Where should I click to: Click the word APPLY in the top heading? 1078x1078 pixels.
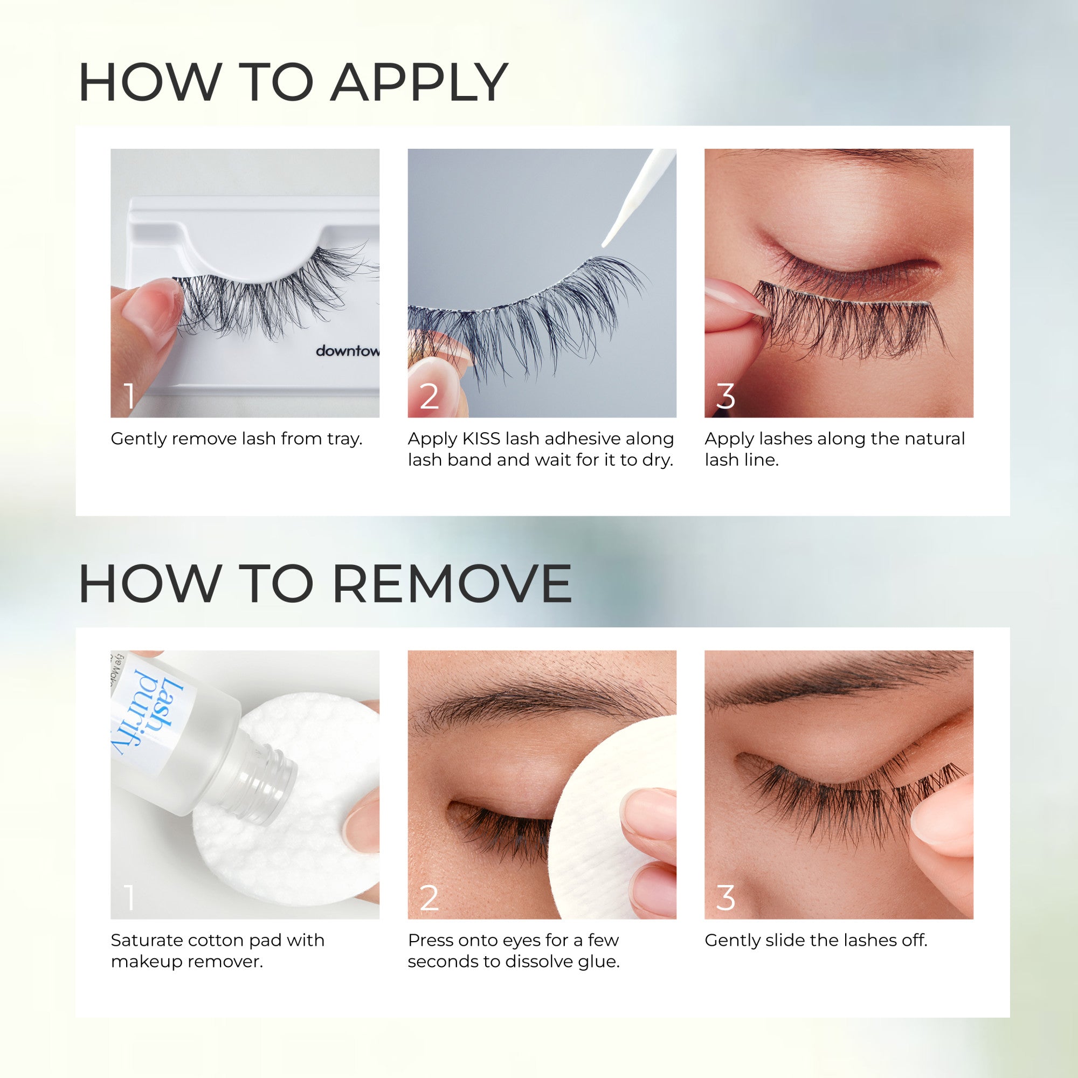[x=418, y=82]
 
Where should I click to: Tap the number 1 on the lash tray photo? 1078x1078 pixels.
[x=129, y=396]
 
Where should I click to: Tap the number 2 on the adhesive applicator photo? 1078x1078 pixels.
[x=429, y=396]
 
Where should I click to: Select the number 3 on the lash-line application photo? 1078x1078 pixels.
[x=725, y=396]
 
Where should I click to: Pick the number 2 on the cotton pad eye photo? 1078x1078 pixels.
[x=429, y=898]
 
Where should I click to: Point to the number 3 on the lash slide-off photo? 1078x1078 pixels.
[x=725, y=898]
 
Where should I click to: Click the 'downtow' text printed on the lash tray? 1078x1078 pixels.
[x=347, y=351]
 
